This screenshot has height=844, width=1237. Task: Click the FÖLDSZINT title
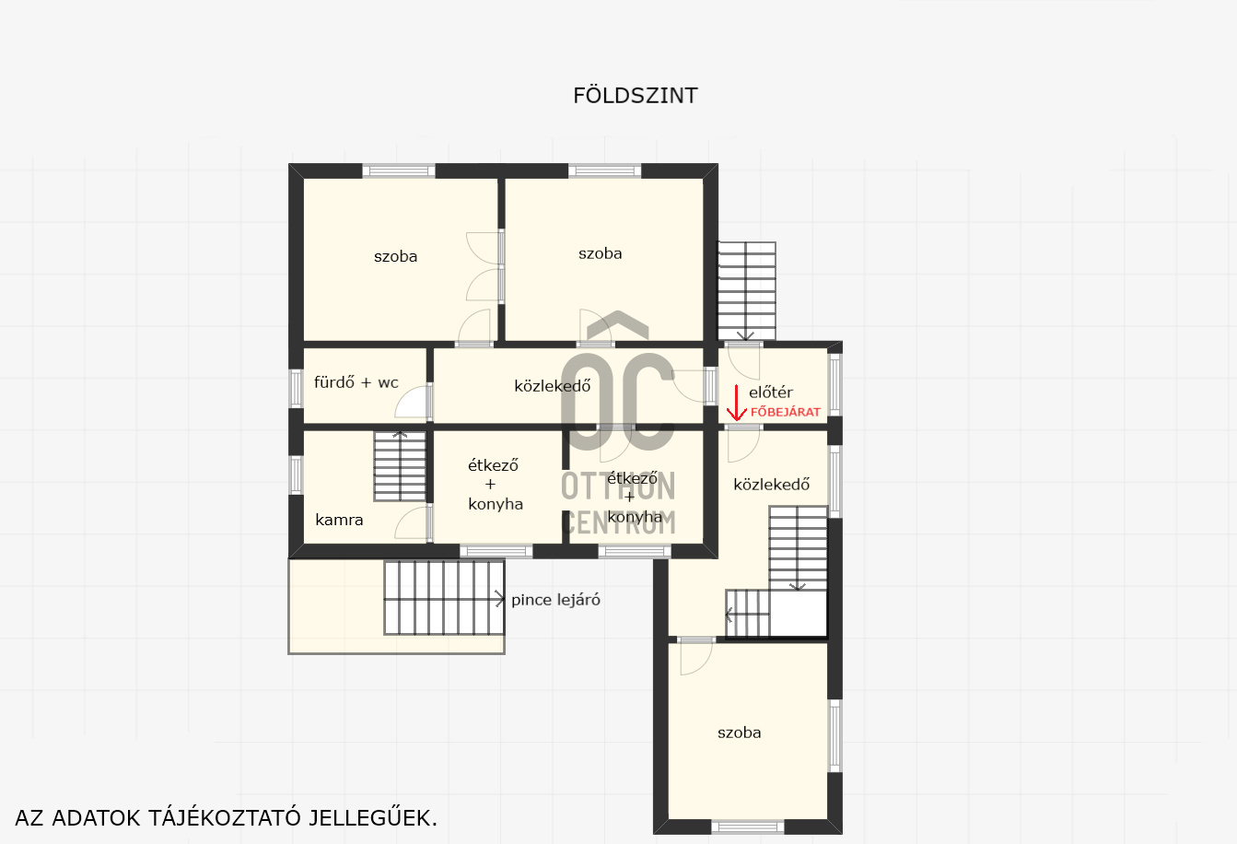[x=635, y=95]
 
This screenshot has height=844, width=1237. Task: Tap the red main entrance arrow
[x=736, y=403]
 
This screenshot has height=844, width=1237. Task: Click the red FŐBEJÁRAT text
[x=786, y=412]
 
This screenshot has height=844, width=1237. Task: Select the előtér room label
[x=771, y=393]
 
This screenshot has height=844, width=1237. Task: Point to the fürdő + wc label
[x=356, y=381]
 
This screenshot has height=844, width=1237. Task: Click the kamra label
[x=339, y=520]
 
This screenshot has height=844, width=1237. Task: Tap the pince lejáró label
[x=555, y=600]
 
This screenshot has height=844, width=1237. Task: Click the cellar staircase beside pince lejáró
[x=444, y=597]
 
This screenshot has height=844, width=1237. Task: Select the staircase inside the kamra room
[x=400, y=466]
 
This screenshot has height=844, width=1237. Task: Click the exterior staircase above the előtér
[x=747, y=290]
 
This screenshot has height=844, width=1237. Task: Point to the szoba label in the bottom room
[x=739, y=733]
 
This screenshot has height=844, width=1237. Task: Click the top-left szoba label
[x=395, y=256]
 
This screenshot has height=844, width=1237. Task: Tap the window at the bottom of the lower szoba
[x=748, y=826]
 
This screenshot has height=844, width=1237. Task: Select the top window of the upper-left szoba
[x=399, y=170]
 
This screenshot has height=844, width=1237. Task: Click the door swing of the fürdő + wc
[x=413, y=402]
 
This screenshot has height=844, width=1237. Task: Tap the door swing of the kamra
[x=413, y=522]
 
